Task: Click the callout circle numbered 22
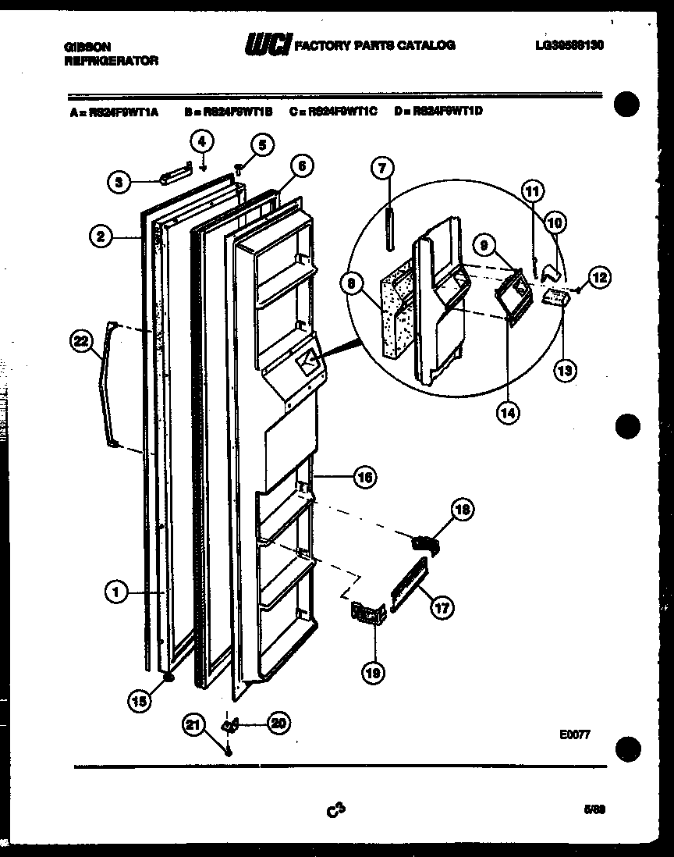(x=81, y=340)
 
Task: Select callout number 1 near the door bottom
(x=115, y=593)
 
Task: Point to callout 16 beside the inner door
(x=364, y=475)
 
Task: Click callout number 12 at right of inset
(x=599, y=276)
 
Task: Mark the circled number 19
(x=373, y=673)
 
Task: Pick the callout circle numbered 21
(x=194, y=725)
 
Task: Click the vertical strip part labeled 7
(x=389, y=226)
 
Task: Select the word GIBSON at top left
(x=86, y=47)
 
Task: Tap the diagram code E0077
(x=574, y=734)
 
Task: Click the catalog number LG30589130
(x=569, y=45)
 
